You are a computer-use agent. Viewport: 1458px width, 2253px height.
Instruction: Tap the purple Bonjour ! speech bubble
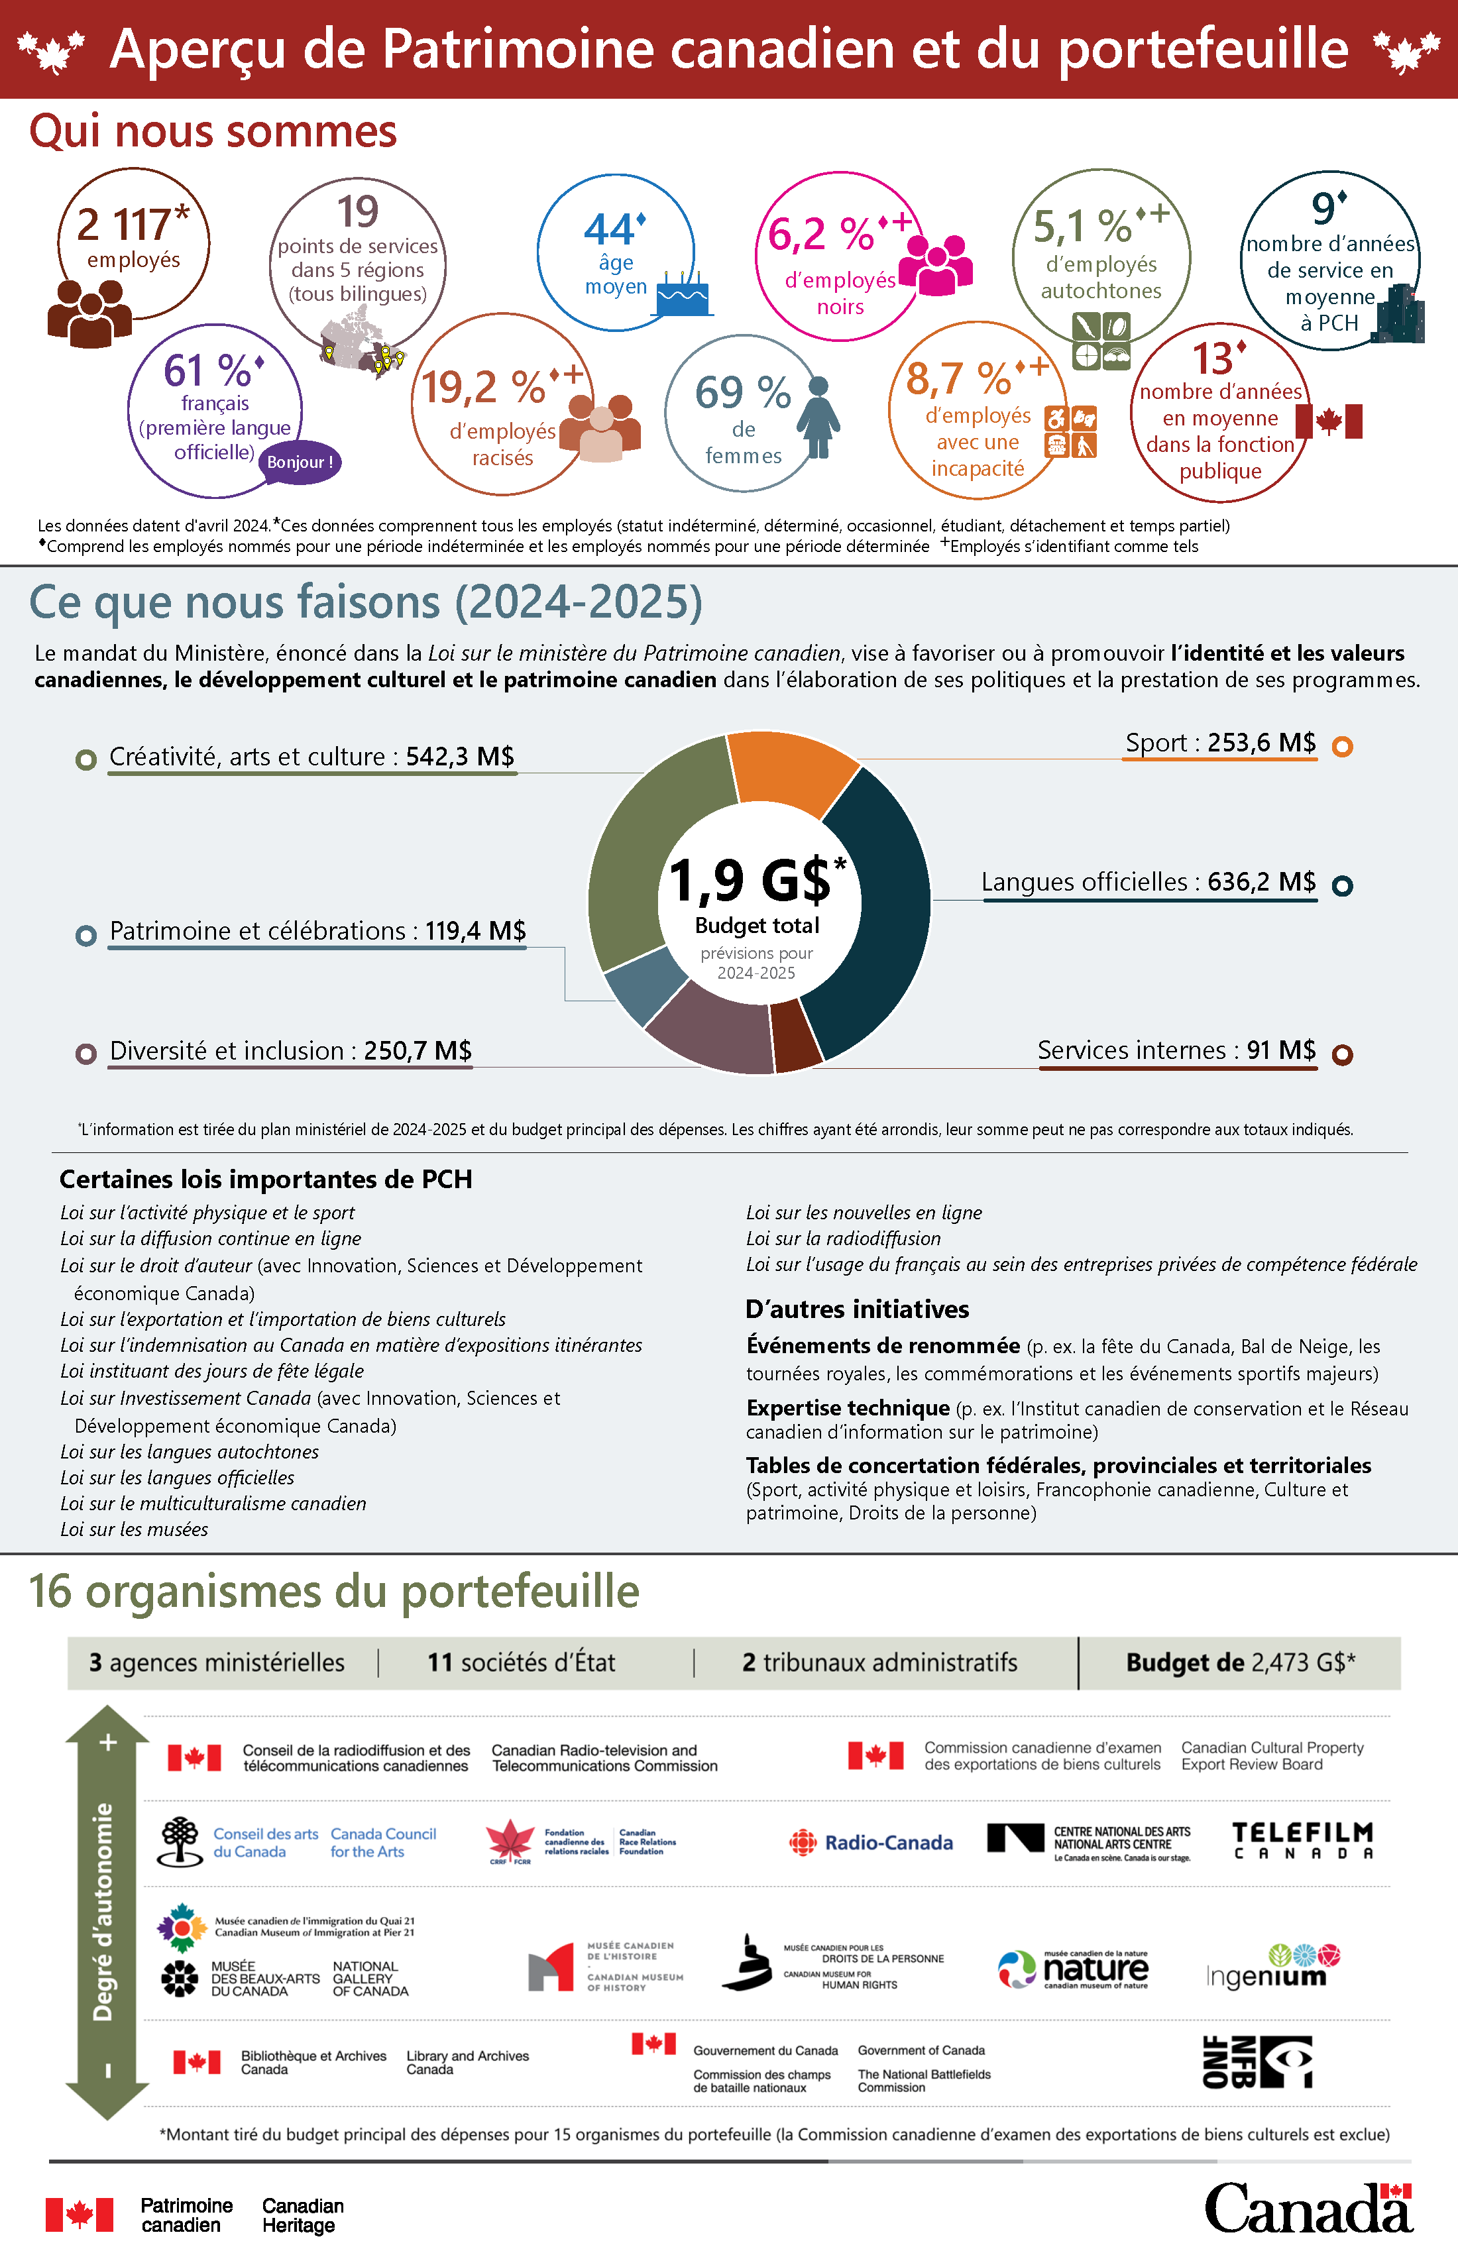click(x=300, y=462)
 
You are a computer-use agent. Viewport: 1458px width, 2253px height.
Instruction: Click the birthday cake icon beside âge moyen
click(x=683, y=296)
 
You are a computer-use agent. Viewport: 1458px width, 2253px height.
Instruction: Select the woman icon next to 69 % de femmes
click(x=818, y=417)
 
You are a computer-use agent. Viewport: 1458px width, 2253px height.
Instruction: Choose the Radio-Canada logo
click(x=871, y=1842)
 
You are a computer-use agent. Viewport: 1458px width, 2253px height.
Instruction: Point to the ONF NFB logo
click(x=1257, y=2061)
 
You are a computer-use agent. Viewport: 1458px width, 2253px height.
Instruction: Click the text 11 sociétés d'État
click(x=521, y=1663)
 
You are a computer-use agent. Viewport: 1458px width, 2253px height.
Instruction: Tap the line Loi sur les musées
click(x=135, y=1529)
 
